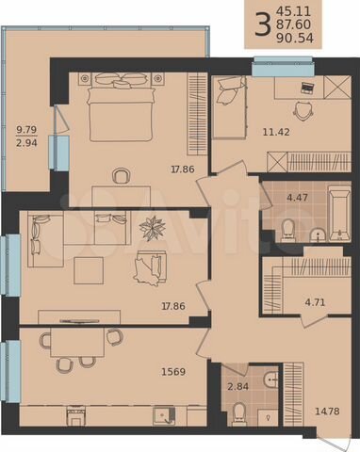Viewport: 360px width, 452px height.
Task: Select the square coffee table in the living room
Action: pos(90,270)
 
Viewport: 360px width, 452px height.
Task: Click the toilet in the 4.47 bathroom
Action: pos(288,229)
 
